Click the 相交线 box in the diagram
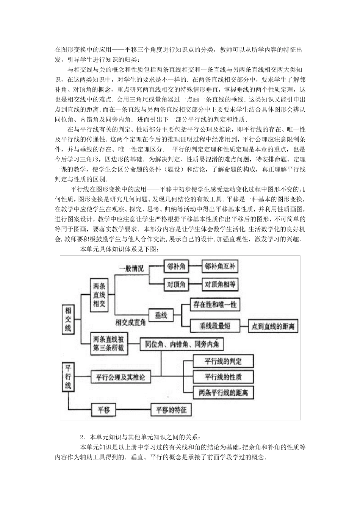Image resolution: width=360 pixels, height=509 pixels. click(68, 319)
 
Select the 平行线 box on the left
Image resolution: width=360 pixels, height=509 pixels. click(68, 377)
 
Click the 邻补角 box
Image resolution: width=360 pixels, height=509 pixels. click(176, 267)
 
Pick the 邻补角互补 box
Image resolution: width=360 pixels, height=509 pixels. click(220, 267)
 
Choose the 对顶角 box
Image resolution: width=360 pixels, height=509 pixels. click(176, 284)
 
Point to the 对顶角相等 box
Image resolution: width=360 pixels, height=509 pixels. click(220, 284)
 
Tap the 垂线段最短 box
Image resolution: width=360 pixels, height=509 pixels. click(214, 325)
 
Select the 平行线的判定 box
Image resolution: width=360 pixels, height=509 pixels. click(223, 361)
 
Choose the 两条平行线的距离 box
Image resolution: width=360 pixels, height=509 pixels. click(223, 393)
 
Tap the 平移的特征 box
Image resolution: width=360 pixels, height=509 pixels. click(171, 410)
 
